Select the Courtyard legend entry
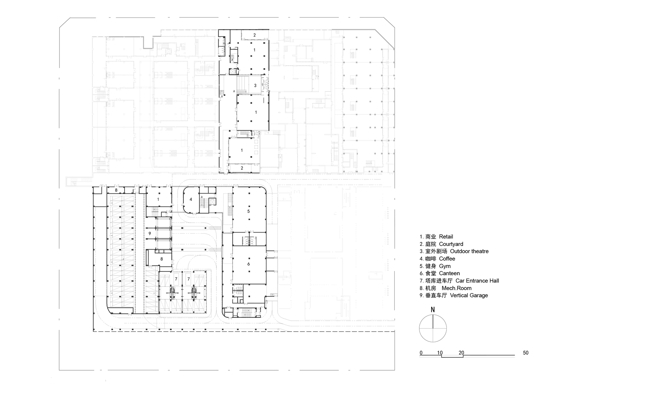point(441,244)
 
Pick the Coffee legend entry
point(437,259)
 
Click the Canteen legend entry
point(440,273)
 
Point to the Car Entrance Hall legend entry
point(459,281)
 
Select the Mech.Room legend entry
point(445,288)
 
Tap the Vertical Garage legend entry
point(454,295)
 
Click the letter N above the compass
point(433,310)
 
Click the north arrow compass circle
point(433,328)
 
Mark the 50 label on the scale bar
point(526,353)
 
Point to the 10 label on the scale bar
point(440,353)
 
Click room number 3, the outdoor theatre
point(255,86)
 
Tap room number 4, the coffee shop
point(191,199)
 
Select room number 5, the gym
point(248,211)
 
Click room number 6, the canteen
point(248,264)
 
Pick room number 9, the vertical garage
point(149,233)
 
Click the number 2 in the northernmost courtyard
point(255,35)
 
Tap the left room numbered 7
point(176,279)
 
